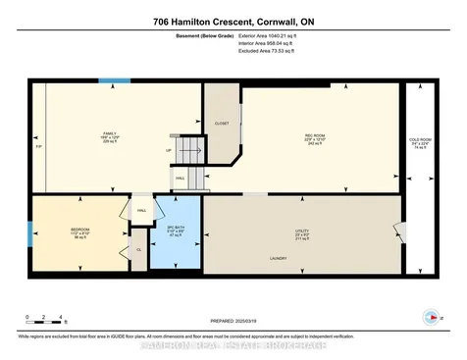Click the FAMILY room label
tap(110, 134)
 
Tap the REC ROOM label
tap(314, 138)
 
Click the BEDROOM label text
tap(80, 231)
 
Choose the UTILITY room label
tap(301, 233)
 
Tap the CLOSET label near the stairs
tap(222, 125)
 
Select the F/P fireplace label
tap(38, 157)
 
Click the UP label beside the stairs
tap(169, 150)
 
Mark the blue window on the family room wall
tap(114, 80)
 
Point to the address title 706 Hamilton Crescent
tap(233, 21)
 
